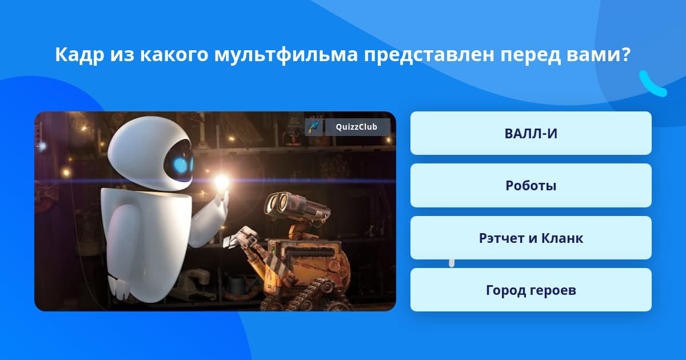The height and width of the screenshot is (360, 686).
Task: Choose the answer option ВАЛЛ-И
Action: coord(531,133)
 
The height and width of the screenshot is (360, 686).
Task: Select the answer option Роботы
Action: coord(531,186)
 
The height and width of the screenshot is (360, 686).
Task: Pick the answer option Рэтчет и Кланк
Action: coord(531,238)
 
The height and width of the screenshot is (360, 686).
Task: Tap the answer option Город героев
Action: coord(531,290)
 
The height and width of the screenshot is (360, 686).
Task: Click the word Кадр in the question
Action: coord(79,54)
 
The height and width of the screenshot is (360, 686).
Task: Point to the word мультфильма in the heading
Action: coord(286,55)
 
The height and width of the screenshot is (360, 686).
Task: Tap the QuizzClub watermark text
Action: coord(356,127)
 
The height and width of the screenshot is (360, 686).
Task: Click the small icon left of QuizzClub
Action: coord(314,127)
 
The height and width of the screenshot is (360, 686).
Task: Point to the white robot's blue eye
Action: coord(181,165)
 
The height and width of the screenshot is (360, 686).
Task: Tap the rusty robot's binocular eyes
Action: coord(280,203)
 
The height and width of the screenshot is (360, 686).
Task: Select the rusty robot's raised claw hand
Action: coord(241,237)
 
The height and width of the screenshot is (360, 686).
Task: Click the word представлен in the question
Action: coord(429,55)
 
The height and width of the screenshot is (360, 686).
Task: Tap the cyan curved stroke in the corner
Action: coord(652,84)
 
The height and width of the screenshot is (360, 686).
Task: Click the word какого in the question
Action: coord(174,55)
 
